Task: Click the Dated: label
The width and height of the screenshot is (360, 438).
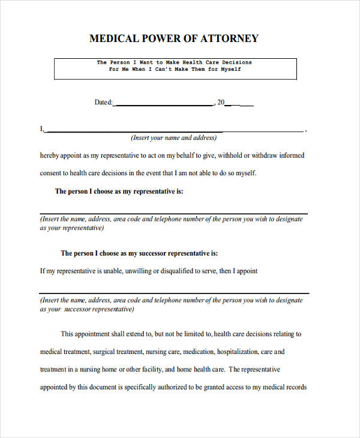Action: point(103,103)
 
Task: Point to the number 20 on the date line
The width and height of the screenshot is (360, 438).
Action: point(220,103)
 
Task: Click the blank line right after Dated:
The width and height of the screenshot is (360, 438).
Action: point(163,104)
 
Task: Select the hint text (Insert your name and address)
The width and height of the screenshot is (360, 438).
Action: point(174,138)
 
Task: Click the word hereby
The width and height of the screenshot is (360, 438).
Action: point(49,155)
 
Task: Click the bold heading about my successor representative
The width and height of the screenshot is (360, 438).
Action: point(139,253)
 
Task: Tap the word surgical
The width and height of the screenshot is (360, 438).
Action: point(105,352)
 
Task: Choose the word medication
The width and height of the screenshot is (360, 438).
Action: point(197,352)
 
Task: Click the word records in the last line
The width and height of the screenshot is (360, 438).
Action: point(296,388)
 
